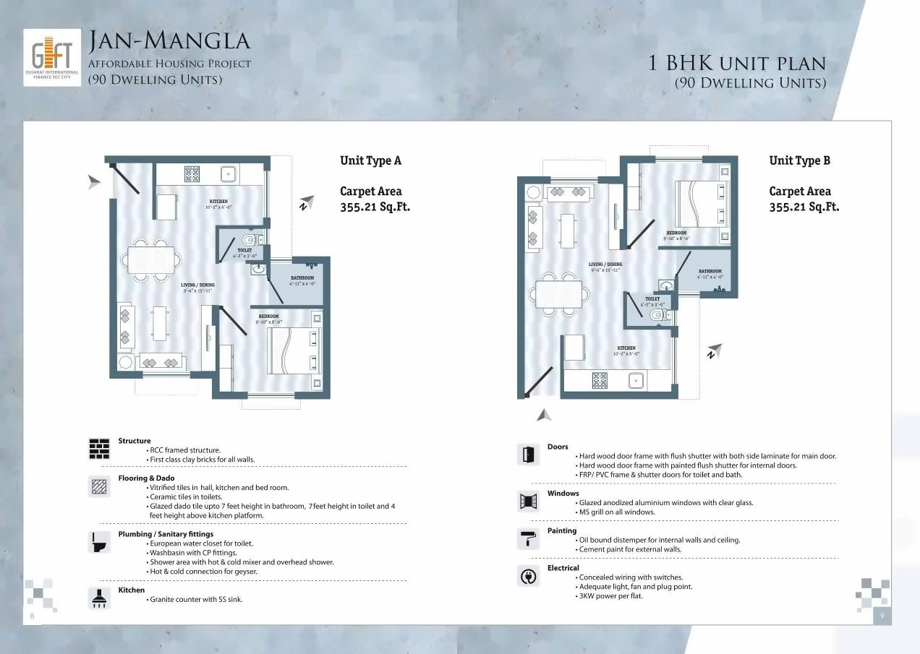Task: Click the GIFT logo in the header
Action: [51, 58]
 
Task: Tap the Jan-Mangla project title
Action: [169, 42]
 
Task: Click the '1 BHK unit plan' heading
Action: [736, 63]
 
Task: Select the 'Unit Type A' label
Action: [370, 160]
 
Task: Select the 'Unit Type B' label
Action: [799, 160]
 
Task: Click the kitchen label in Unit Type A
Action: [218, 202]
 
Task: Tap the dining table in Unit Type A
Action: [152, 258]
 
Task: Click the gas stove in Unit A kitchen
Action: [192, 173]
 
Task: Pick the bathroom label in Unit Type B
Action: [710, 272]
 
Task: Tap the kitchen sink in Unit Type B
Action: [636, 379]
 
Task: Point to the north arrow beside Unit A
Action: [306, 202]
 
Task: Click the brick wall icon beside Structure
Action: [99, 449]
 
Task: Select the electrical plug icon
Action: [529, 576]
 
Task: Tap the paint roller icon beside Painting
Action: [529, 538]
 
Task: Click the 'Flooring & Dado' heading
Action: [146, 478]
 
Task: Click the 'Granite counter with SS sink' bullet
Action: [195, 599]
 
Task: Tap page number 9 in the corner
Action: [882, 616]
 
